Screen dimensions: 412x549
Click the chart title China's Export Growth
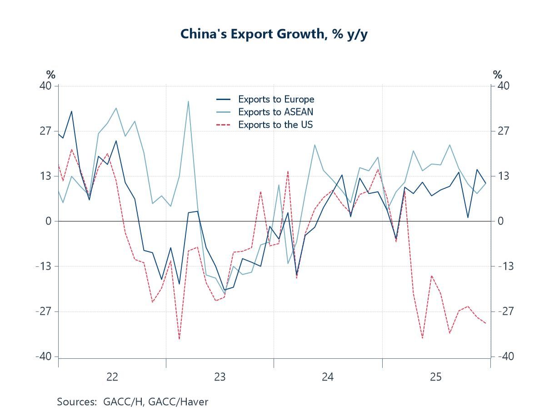[x=274, y=34]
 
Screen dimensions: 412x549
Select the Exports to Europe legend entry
[x=276, y=99]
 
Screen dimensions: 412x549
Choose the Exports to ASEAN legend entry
[x=275, y=112]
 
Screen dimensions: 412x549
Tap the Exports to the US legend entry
[x=275, y=125]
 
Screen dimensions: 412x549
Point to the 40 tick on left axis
[x=47, y=86]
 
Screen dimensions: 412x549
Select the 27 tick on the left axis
[x=47, y=131]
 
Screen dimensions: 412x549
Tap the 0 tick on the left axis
[x=50, y=221]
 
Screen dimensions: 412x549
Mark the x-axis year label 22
[x=112, y=377]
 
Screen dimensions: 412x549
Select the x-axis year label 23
[x=220, y=377]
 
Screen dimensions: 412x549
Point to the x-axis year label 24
[x=328, y=377]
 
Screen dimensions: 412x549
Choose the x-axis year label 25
[x=436, y=377]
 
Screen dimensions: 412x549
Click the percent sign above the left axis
[x=50, y=75]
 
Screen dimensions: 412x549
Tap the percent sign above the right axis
[x=498, y=75]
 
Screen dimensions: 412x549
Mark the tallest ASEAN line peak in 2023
[x=188, y=101]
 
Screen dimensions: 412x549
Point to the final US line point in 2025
[x=486, y=323]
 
